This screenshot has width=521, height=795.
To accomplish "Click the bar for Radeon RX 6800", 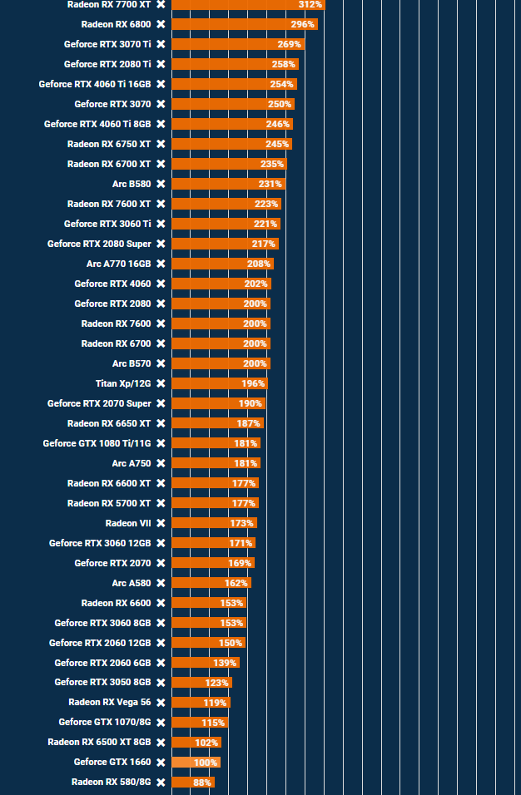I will point(244,24).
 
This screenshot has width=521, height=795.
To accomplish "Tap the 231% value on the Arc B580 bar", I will point(270,184).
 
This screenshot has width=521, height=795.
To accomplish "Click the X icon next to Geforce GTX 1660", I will point(161,762).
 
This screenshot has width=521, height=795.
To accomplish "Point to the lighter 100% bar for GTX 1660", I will point(196,763).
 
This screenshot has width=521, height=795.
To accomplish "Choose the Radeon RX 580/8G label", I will point(111,782).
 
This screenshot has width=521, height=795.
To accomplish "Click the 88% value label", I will point(202,783).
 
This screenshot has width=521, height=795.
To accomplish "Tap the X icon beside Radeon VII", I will point(161,523).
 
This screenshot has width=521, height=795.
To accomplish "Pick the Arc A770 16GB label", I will point(119,264).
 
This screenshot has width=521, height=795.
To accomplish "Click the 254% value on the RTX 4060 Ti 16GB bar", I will point(281,84).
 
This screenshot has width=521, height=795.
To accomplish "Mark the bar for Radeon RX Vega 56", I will point(201,703).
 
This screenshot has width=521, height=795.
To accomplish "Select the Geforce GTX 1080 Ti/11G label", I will point(97,443).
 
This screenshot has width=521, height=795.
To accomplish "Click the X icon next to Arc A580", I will point(161,583).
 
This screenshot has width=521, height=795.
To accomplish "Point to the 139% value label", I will point(225,663).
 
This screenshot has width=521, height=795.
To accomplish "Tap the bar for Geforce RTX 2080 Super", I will point(225,244).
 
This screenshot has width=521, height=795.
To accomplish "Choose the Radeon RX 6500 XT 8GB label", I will point(99,742).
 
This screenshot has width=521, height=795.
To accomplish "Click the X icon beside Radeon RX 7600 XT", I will point(161,204).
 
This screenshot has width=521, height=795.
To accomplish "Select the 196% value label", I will point(252,383).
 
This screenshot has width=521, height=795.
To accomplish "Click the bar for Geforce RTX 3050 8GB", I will point(201,683).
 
